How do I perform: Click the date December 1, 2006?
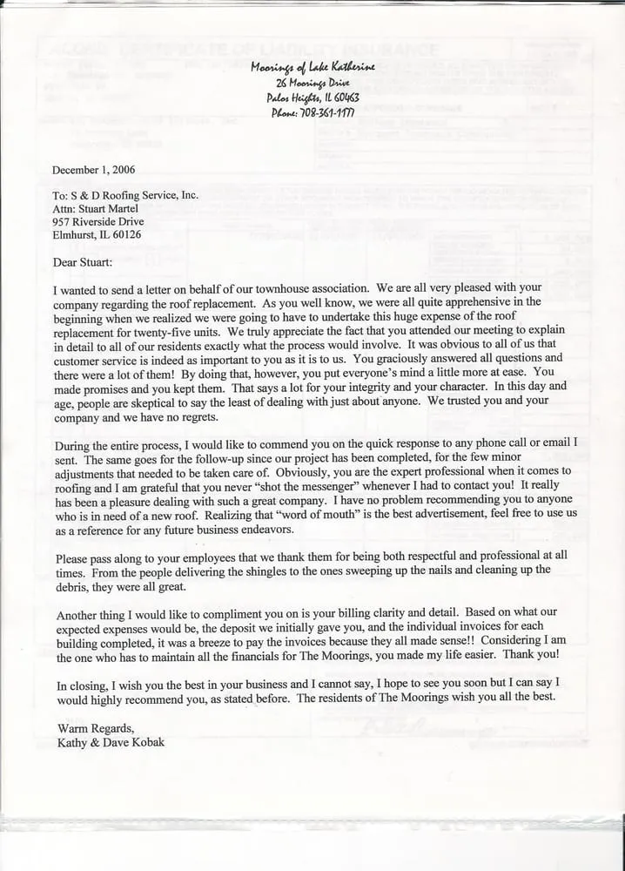(x=94, y=169)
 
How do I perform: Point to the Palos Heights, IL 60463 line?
(x=312, y=97)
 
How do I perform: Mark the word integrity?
(x=407, y=386)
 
